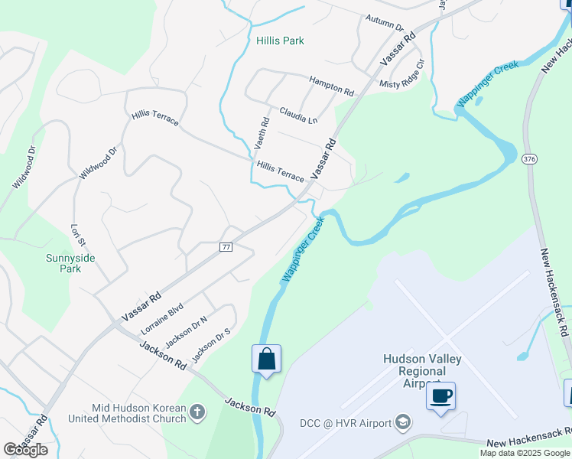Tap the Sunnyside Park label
pos(70,263)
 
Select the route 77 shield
pos(225,247)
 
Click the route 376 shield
pos(528,159)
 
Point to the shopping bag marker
pos(266,359)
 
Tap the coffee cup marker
pos(440,396)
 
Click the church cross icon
pos(197,413)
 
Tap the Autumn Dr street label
pos(384,23)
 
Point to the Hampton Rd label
pos(331,85)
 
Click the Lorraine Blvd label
pos(162,318)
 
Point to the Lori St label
pos(76,235)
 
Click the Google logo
pos(25,449)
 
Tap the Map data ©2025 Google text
pos(525,453)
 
